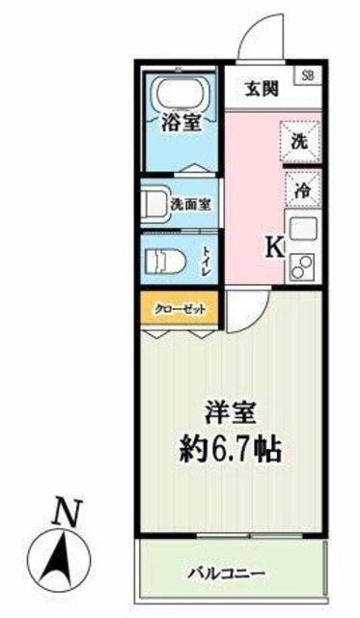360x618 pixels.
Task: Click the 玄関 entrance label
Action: (x=260, y=90)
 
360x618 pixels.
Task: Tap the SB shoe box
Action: (x=309, y=74)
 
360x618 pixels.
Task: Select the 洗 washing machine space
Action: (x=300, y=139)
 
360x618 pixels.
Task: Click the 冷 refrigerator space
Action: (x=300, y=189)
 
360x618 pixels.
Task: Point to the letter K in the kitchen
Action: (x=274, y=247)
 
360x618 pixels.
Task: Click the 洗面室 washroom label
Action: (x=190, y=204)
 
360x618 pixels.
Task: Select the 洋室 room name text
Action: (x=228, y=411)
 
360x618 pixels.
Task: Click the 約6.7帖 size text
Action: (x=228, y=448)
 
